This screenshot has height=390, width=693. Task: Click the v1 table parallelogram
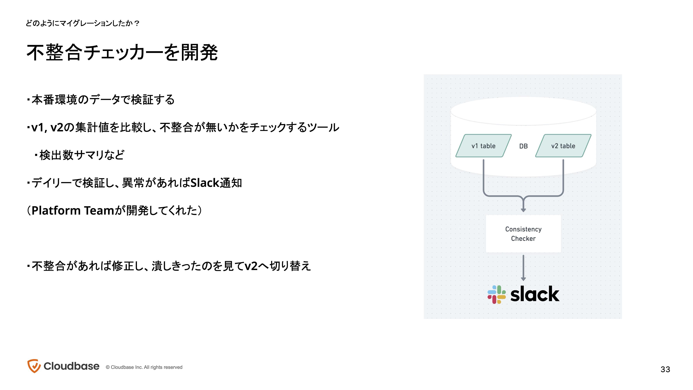(x=483, y=146)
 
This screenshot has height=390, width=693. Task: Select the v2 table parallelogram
(x=563, y=146)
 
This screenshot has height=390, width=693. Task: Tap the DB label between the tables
(x=523, y=146)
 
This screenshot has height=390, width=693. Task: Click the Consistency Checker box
(x=523, y=234)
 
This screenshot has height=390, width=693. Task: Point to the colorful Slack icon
(x=497, y=294)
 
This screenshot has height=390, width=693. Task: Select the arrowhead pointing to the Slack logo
(x=523, y=279)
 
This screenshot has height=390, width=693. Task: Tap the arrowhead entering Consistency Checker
(x=523, y=210)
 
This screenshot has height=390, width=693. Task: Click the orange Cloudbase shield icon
(x=34, y=366)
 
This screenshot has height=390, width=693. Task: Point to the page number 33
(x=665, y=369)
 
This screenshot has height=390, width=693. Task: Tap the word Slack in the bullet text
(x=205, y=183)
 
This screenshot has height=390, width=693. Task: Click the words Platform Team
(x=73, y=210)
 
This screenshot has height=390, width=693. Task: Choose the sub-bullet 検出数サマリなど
(x=80, y=155)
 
